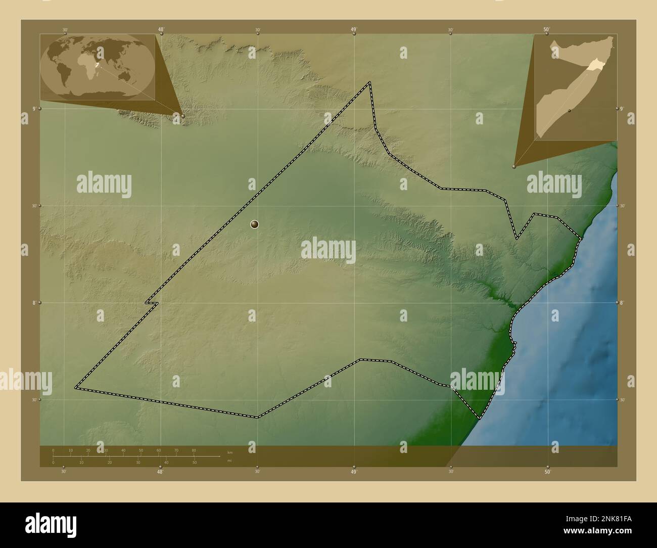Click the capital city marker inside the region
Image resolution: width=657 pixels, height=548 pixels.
(255, 224)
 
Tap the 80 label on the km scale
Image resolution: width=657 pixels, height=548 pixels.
(194, 450)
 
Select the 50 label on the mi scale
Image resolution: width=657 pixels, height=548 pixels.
(195, 463)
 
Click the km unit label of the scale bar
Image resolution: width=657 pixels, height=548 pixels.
(230, 452)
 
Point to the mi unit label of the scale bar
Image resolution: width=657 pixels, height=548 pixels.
(230, 461)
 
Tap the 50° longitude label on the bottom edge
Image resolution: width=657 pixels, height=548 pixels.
(547, 472)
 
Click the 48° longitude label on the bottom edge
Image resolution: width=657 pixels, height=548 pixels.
(160, 472)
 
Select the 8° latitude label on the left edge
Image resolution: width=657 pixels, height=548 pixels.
(34, 303)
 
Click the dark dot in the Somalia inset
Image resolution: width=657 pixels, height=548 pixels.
(570, 110)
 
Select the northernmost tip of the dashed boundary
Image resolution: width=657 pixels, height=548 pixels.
(370, 82)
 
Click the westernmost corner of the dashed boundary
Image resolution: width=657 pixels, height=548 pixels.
(76, 388)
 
